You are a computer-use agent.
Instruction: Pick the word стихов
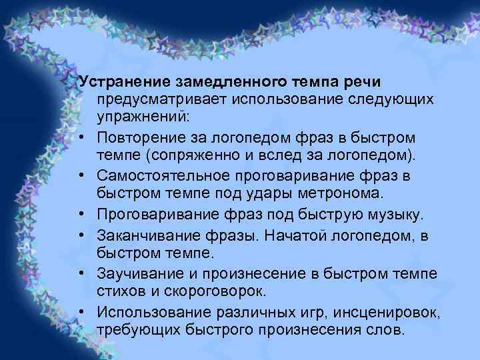pos(119,291)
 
